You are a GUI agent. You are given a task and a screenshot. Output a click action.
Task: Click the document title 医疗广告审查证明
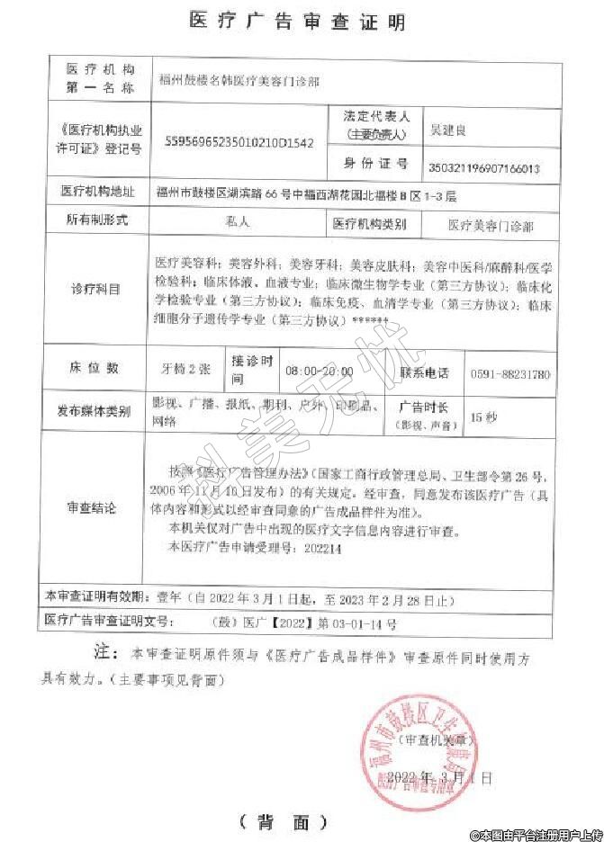point(298,22)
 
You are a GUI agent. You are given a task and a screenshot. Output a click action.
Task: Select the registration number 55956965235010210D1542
point(241,143)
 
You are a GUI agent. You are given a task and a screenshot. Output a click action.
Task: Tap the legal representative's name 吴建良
point(447,131)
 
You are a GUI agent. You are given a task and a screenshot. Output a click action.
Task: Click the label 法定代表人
point(376,117)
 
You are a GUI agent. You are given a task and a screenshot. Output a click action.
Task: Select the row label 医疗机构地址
point(97,192)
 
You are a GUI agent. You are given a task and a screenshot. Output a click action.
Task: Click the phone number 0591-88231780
point(509,373)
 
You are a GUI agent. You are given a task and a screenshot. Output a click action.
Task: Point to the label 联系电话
point(424,372)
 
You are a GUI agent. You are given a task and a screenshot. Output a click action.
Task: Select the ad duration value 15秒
point(484,417)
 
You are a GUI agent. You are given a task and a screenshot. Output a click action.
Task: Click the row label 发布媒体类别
point(95,411)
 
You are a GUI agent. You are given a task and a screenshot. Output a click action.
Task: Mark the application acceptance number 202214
point(324,547)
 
